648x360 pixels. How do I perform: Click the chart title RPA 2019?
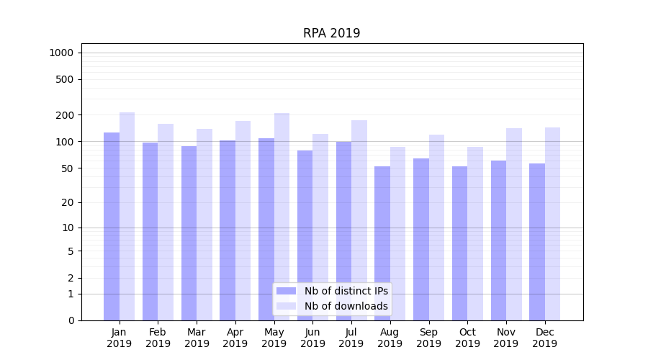(x=331, y=33)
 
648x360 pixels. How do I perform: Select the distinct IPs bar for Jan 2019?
(x=112, y=226)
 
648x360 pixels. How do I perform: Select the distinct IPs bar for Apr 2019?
(x=228, y=230)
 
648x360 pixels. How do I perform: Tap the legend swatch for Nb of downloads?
(x=286, y=306)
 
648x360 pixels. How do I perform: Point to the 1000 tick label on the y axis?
(x=61, y=53)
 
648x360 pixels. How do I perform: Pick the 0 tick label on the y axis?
(x=71, y=320)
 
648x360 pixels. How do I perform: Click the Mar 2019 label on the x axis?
(x=197, y=338)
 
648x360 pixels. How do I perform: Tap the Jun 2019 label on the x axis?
(x=312, y=338)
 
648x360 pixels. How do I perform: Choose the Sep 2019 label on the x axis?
(x=428, y=338)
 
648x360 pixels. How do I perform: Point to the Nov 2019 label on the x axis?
(x=506, y=338)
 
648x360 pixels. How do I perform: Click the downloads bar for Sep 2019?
(x=436, y=228)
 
